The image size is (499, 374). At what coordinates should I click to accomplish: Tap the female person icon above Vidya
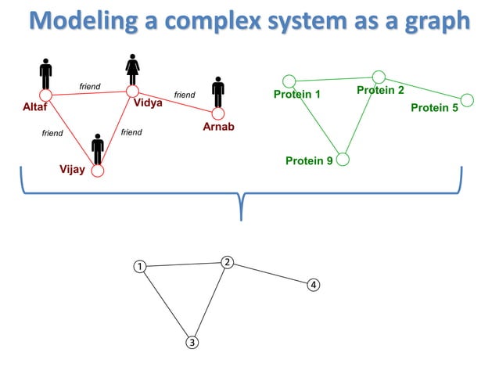133,69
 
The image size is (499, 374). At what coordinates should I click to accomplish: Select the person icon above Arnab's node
219,92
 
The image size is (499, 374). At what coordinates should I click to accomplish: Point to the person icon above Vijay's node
98,149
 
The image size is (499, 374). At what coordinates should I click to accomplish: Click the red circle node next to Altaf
45,95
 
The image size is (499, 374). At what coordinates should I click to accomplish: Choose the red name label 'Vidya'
148,102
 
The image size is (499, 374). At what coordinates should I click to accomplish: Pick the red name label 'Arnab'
219,127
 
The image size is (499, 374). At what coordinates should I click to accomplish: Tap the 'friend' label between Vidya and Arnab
185,95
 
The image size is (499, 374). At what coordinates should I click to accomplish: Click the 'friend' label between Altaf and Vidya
90,86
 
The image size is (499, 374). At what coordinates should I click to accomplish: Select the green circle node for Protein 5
467,99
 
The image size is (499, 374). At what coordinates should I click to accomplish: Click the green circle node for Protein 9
343,160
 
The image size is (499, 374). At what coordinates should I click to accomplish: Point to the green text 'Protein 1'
297,95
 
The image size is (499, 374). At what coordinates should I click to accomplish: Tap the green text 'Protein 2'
380,91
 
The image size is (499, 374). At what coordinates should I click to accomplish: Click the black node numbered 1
139,266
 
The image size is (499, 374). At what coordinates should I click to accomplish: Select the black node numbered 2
226,262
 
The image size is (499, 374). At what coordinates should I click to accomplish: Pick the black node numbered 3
192,342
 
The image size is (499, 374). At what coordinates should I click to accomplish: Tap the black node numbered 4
313,284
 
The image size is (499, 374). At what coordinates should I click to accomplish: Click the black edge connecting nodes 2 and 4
270,273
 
